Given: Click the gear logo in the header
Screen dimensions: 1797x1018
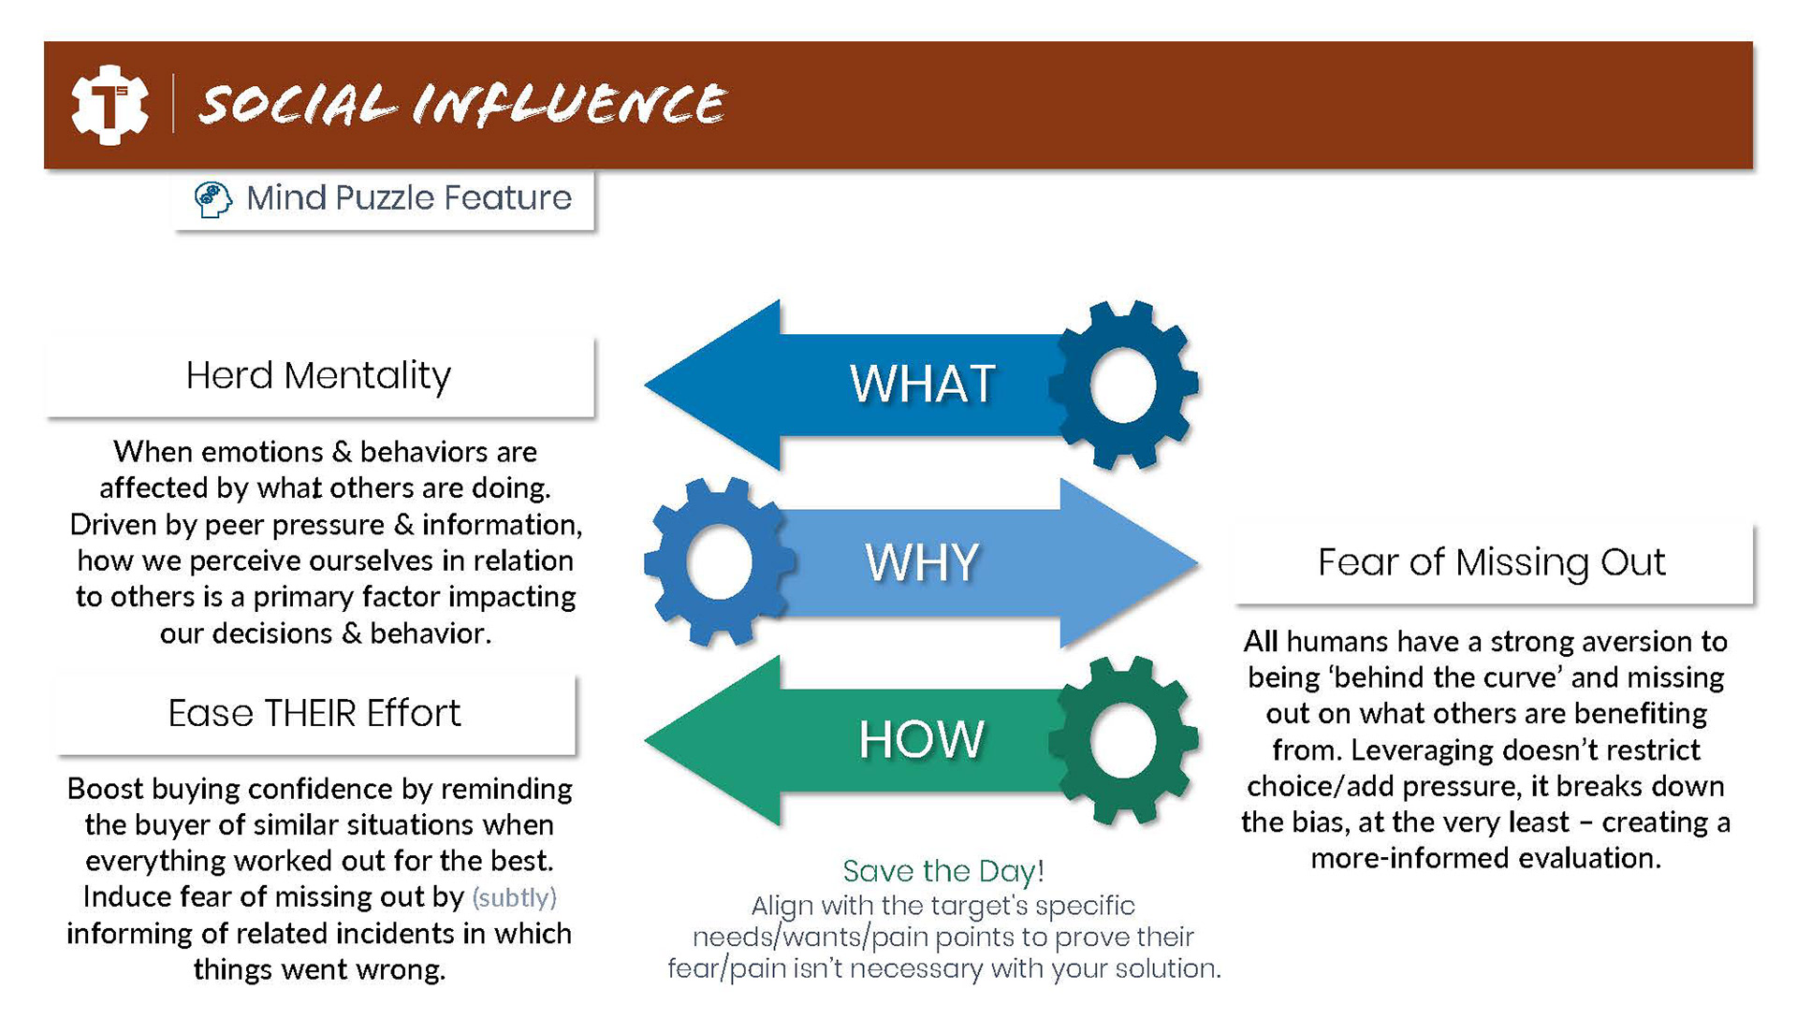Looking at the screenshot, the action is coord(110,104).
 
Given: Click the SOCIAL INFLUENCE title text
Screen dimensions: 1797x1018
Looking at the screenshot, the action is coord(462,103).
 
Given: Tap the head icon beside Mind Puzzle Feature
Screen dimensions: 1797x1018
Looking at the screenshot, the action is coord(212,199).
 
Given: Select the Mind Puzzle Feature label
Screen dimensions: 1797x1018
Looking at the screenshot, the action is coord(409,198).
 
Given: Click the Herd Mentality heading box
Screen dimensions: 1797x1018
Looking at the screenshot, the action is coord(319,376).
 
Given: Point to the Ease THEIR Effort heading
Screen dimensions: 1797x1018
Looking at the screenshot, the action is coord(314,713).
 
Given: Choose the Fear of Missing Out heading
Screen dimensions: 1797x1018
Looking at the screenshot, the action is coord(1492,562).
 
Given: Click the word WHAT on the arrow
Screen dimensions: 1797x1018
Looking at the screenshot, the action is coord(922,384).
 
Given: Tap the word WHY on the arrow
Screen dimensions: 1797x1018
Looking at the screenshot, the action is coord(922,562).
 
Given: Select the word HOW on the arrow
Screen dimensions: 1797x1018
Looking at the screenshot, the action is coord(922,739).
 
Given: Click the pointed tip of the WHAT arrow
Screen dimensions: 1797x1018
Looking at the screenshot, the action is coord(646,385).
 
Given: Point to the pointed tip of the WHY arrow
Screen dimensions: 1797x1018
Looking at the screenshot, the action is coord(1198,563).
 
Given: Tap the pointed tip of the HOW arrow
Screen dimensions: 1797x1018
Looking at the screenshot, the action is coord(646,740).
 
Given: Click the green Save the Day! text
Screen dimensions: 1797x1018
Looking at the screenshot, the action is coord(943,871).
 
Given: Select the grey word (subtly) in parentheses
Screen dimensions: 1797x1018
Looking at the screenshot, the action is coord(515,897).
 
